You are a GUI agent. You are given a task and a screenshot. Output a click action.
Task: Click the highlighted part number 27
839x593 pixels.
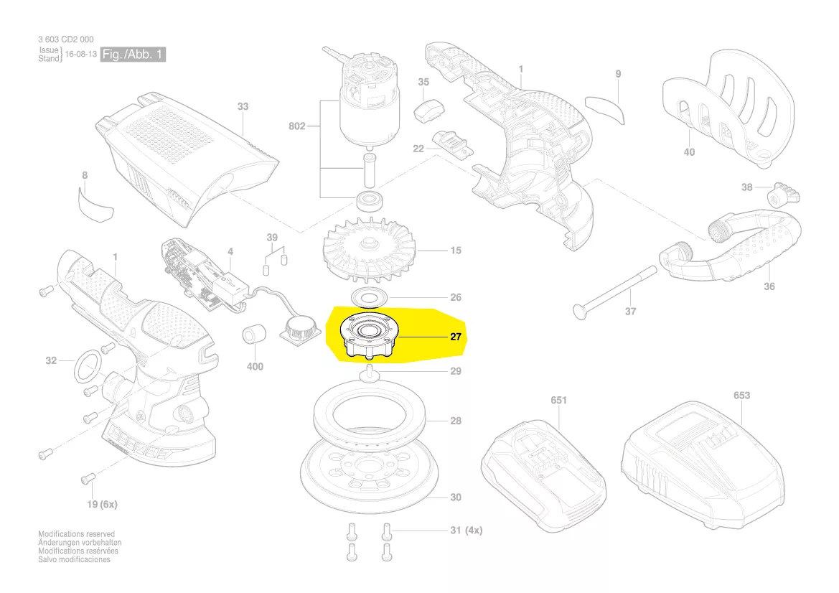pyautogui.click(x=455, y=337)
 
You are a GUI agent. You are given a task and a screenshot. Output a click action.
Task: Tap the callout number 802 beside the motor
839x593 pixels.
pyautogui.click(x=297, y=126)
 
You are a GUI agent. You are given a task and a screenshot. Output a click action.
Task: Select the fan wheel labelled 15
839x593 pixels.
pyautogui.click(x=370, y=252)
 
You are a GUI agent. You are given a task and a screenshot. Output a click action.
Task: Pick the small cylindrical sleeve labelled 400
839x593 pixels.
pyautogui.click(x=255, y=336)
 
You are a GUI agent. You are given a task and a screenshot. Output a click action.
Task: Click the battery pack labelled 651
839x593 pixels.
pyautogui.click(x=543, y=471)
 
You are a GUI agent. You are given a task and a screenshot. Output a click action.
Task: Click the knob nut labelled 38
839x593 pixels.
pyautogui.click(x=784, y=195)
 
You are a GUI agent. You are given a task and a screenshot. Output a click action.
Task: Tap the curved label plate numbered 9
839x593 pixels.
pyautogui.click(x=604, y=108)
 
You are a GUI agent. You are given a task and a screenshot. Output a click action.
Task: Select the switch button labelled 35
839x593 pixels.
pyautogui.click(x=429, y=108)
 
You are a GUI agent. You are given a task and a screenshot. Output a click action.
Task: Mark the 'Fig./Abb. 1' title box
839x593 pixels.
pyautogui.click(x=133, y=54)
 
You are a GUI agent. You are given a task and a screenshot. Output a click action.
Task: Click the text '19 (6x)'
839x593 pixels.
pyautogui.click(x=102, y=504)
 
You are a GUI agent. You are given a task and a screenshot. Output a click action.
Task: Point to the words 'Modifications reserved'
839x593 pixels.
pyautogui.click(x=76, y=533)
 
